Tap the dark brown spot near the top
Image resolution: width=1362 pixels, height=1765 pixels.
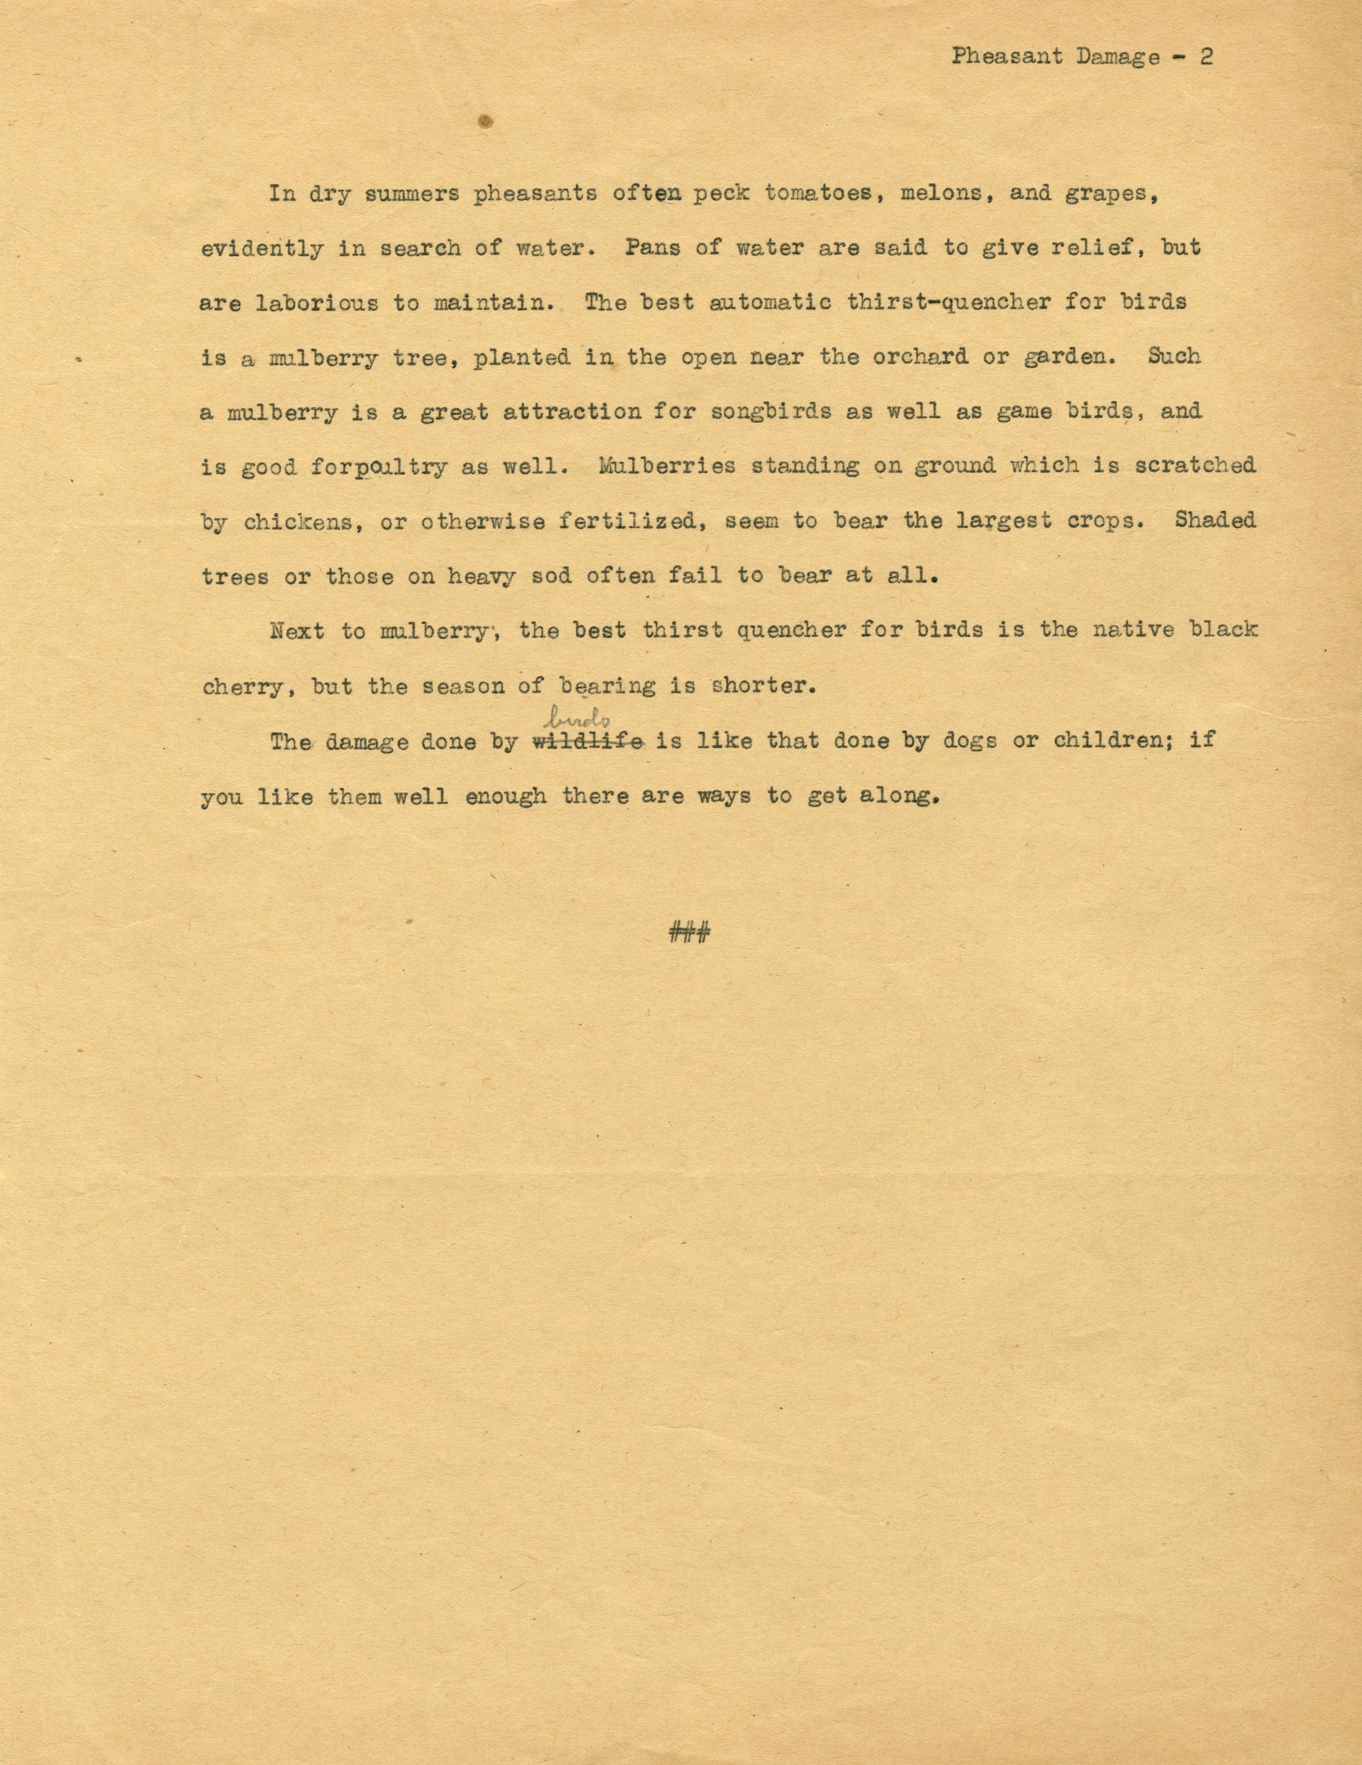click(486, 121)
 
